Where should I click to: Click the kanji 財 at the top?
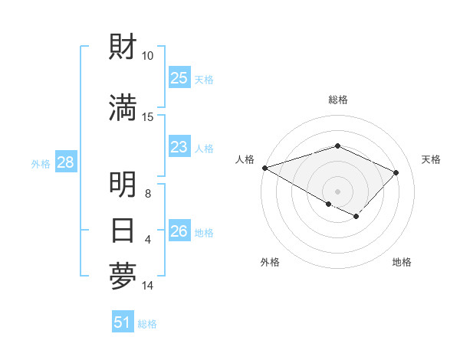point(123,48)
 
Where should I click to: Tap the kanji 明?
point(123,185)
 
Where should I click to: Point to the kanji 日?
point(123,230)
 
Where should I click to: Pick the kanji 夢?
point(123,277)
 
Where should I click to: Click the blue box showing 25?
point(179,78)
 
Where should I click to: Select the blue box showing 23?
point(179,147)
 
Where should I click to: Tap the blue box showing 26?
point(179,231)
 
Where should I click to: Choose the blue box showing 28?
point(65,162)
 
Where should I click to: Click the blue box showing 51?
point(123,322)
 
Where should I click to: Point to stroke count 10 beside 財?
point(148,56)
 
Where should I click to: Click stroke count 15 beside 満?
point(148,116)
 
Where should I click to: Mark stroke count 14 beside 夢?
point(148,286)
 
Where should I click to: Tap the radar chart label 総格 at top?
point(337,100)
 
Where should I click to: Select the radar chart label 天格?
point(431,159)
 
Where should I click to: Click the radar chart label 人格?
point(245,159)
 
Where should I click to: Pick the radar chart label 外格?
point(270,262)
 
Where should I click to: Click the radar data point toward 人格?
point(264,168)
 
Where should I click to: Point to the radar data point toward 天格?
point(396,172)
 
